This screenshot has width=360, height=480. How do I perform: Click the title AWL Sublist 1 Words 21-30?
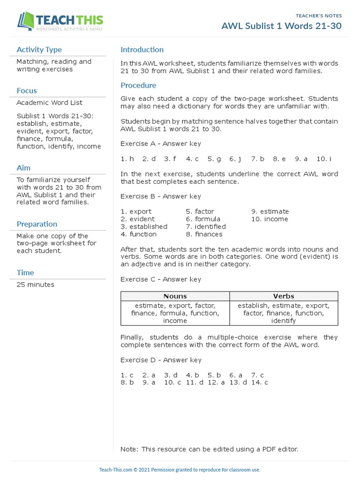click(x=281, y=26)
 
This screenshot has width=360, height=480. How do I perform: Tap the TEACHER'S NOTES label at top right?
click(x=319, y=15)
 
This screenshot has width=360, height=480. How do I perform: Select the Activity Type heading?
click(x=39, y=50)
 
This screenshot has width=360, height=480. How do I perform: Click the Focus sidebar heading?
click(x=27, y=90)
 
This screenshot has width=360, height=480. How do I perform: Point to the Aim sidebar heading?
click(x=23, y=168)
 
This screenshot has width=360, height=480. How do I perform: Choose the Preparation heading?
click(x=37, y=224)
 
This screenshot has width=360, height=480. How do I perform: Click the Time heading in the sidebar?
click(x=25, y=273)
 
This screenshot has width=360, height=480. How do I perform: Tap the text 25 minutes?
click(x=35, y=285)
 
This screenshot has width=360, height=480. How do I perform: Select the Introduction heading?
click(x=142, y=50)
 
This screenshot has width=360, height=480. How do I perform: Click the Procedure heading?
click(x=138, y=85)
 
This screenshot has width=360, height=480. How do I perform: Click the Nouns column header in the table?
click(x=175, y=296)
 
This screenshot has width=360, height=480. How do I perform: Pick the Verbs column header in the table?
click(x=284, y=296)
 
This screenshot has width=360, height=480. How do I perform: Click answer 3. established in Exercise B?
click(x=144, y=226)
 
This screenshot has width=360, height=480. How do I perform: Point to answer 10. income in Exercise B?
click(x=270, y=219)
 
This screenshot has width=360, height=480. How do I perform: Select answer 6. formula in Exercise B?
click(x=203, y=219)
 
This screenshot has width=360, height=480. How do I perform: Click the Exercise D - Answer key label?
click(x=161, y=360)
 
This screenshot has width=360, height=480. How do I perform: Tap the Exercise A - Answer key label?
click(x=161, y=143)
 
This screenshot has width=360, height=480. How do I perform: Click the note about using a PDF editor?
click(x=209, y=449)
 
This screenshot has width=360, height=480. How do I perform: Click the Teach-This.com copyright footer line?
click(x=180, y=470)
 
